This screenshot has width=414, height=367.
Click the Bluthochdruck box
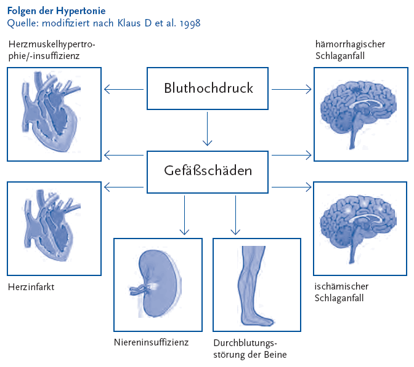pyautogui.click(x=209, y=89)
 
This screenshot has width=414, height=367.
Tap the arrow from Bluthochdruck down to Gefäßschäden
pyautogui.click(x=209, y=129)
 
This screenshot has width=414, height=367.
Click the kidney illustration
pyautogui.click(x=158, y=285)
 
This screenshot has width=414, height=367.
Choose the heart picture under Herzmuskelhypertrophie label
pyautogui.click(x=54, y=114)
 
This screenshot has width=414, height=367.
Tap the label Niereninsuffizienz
pyautogui.click(x=151, y=342)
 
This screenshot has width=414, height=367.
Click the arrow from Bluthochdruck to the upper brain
pyautogui.click(x=291, y=89)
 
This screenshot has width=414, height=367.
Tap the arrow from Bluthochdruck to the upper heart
pyautogui.click(x=125, y=89)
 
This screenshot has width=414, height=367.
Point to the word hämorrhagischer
pyautogui.click(x=351, y=44)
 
